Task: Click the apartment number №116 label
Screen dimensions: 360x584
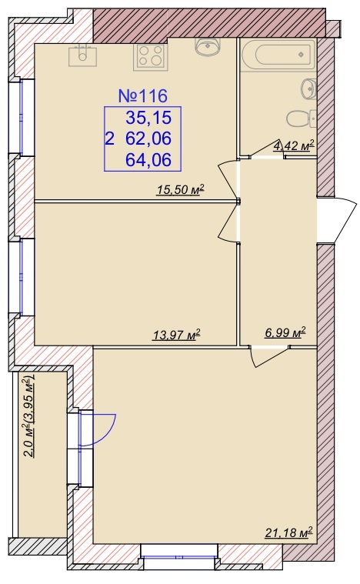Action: (x=143, y=96)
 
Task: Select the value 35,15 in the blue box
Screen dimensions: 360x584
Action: (x=148, y=118)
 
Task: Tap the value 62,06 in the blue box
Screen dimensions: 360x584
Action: (x=148, y=138)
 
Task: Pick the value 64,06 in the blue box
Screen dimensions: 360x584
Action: (x=148, y=160)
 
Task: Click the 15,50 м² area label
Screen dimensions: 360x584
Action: (x=181, y=190)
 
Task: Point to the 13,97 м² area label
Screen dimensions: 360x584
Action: (x=176, y=335)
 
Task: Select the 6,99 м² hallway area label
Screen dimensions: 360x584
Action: (x=285, y=332)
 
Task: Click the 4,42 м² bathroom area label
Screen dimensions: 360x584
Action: (x=294, y=145)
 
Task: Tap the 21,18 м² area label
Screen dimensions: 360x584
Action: (x=288, y=532)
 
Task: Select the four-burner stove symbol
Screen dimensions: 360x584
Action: (x=151, y=56)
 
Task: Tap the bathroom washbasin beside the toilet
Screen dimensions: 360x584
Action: (x=308, y=89)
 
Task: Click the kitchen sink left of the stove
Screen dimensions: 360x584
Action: (x=82, y=56)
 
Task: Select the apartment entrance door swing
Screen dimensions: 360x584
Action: (x=341, y=220)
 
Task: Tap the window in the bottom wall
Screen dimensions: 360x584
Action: (x=179, y=556)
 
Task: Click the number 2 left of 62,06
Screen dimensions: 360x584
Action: (x=110, y=139)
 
